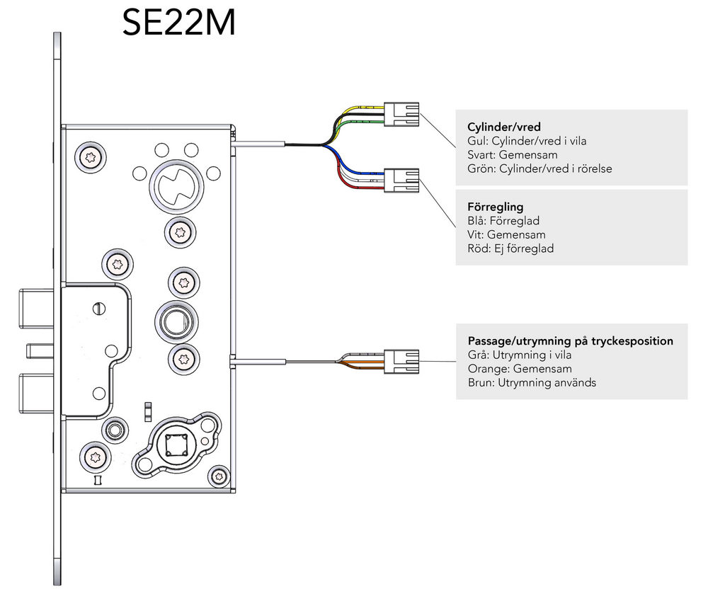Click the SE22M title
pos(179,23)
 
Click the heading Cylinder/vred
pos(504,127)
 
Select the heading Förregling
pos(496,207)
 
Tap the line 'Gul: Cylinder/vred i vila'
pos(527,141)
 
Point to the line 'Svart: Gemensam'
pos(513,155)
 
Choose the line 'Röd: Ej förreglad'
pos(510,248)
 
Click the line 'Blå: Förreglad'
pos(503,221)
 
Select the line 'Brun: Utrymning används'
pos(532,382)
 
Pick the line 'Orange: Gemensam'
pos(513,369)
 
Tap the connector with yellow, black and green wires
pos(401,115)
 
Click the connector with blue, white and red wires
pos(401,180)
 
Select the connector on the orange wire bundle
pos(401,362)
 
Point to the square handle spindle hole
pos(176,446)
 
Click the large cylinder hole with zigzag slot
pos(176,186)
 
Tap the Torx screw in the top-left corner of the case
pos(91,158)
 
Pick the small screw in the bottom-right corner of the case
pos(220,476)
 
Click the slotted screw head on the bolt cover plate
pos(99,309)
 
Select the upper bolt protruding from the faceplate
pos(36,309)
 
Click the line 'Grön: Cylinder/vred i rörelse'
pos(539,169)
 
